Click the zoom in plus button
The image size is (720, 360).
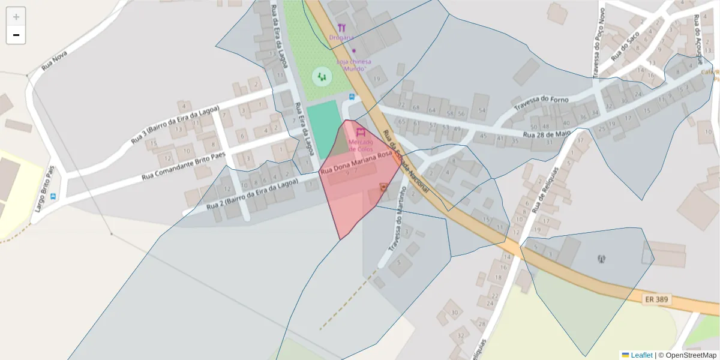pyautogui.click(x=16, y=17)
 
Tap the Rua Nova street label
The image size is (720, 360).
pyautogui.click(x=54, y=60)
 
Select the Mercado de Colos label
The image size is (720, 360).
pyautogui.click(x=361, y=145)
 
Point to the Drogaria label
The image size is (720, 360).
pyautogui.click(x=341, y=37)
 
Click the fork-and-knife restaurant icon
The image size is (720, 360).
pyautogui.click(x=341, y=28)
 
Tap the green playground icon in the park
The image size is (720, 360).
pyautogui.click(x=322, y=76)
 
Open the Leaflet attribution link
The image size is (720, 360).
pyautogui.click(x=641, y=355)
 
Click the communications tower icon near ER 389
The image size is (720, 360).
pyautogui.click(x=601, y=259)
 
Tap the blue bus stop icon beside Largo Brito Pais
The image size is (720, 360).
pyautogui.click(x=53, y=196)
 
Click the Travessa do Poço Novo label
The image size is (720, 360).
pyautogui.click(x=598, y=43)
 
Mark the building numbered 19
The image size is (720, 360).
pyautogui.click(x=377, y=79)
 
